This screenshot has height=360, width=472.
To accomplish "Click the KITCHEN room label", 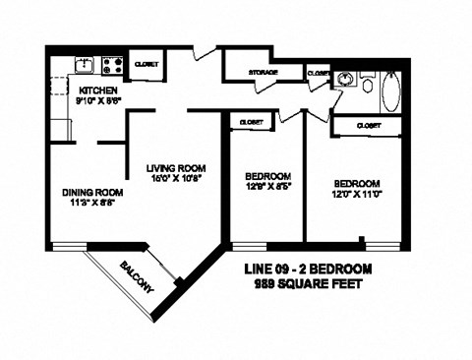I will [x=73, y=90].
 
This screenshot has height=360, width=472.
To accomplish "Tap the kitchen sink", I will [x=86, y=67].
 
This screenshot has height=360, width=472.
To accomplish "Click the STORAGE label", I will [x=262, y=73].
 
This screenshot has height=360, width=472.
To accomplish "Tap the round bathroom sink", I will [x=346, y=80].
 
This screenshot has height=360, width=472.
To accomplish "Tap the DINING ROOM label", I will [x=92, y=192].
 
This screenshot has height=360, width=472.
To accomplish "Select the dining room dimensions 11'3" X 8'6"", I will [x=92, y=204].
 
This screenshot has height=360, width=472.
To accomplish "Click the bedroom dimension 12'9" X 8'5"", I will [x=267, y=185].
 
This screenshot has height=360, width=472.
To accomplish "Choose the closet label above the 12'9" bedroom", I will [x=244, y=122].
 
